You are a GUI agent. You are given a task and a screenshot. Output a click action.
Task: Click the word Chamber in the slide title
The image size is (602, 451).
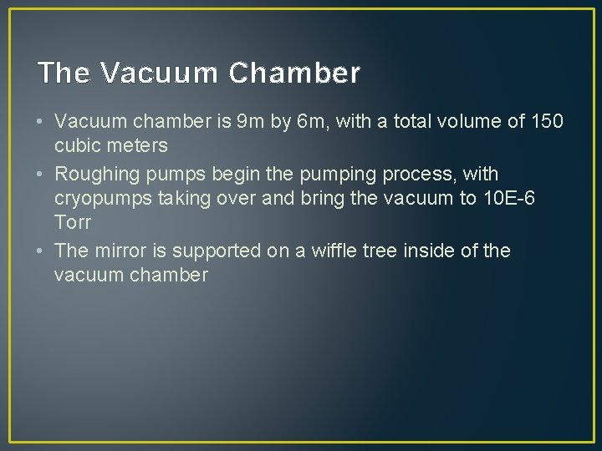293,73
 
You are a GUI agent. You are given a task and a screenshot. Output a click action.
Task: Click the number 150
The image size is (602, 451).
547,123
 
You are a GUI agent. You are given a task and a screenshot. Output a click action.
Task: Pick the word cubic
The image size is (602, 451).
76,146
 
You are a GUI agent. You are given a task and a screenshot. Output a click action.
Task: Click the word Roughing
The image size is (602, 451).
93,175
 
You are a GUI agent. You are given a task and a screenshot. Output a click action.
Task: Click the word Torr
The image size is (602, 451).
73,222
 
